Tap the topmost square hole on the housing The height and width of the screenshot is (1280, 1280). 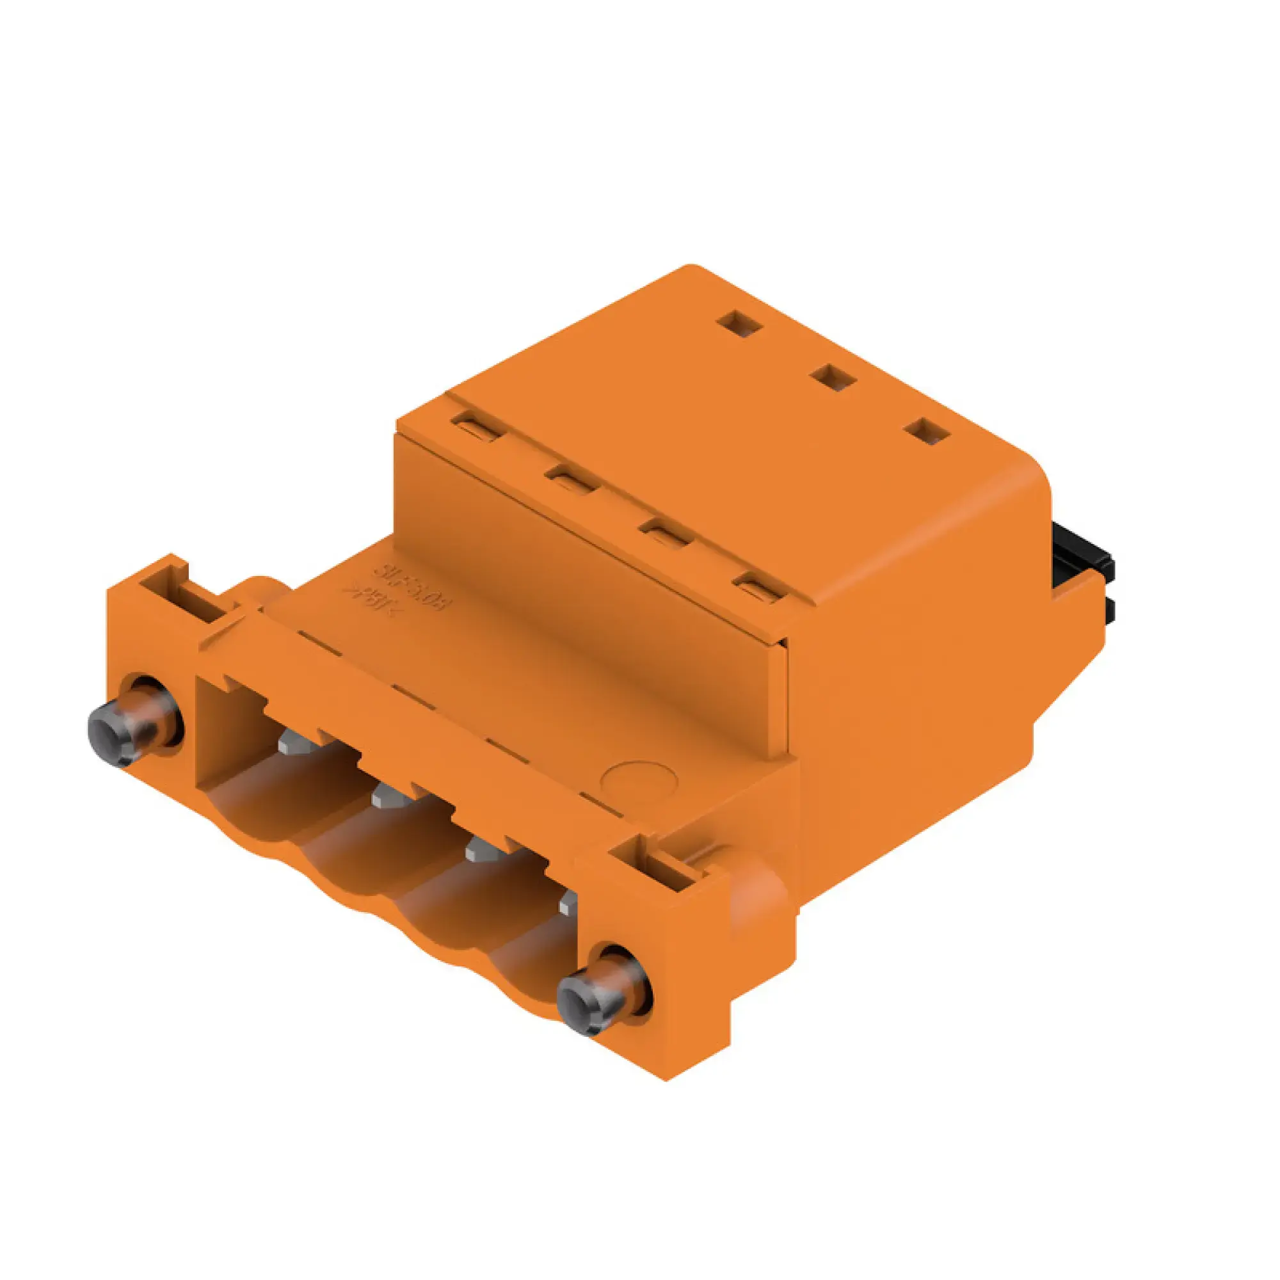740,323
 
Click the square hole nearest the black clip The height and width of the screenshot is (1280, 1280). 929,431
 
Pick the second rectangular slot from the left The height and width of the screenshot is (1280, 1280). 571,478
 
